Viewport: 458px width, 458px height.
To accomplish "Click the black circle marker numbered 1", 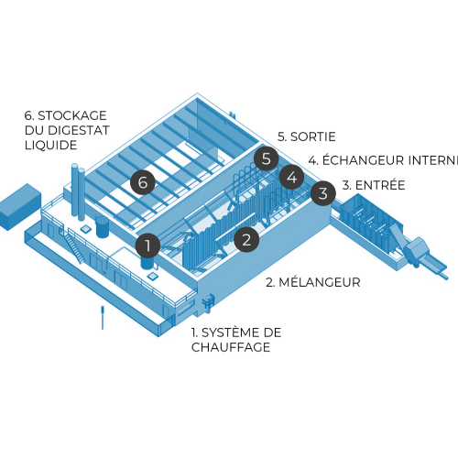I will pyautogui.click(x=147, y=245).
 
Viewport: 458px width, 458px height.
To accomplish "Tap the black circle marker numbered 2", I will pyautogui.click(x=245, y=240).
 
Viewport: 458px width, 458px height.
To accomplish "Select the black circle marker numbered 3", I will pyautogui.click(x=322, y=193).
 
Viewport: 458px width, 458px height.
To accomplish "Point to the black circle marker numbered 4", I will pyautogui.click(x=291, y=176).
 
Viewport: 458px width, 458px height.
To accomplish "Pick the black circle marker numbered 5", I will pyautogui.click(x=267, y=158).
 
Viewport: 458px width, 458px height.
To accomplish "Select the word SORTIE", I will pyautogui.click(x=313, y=136).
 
